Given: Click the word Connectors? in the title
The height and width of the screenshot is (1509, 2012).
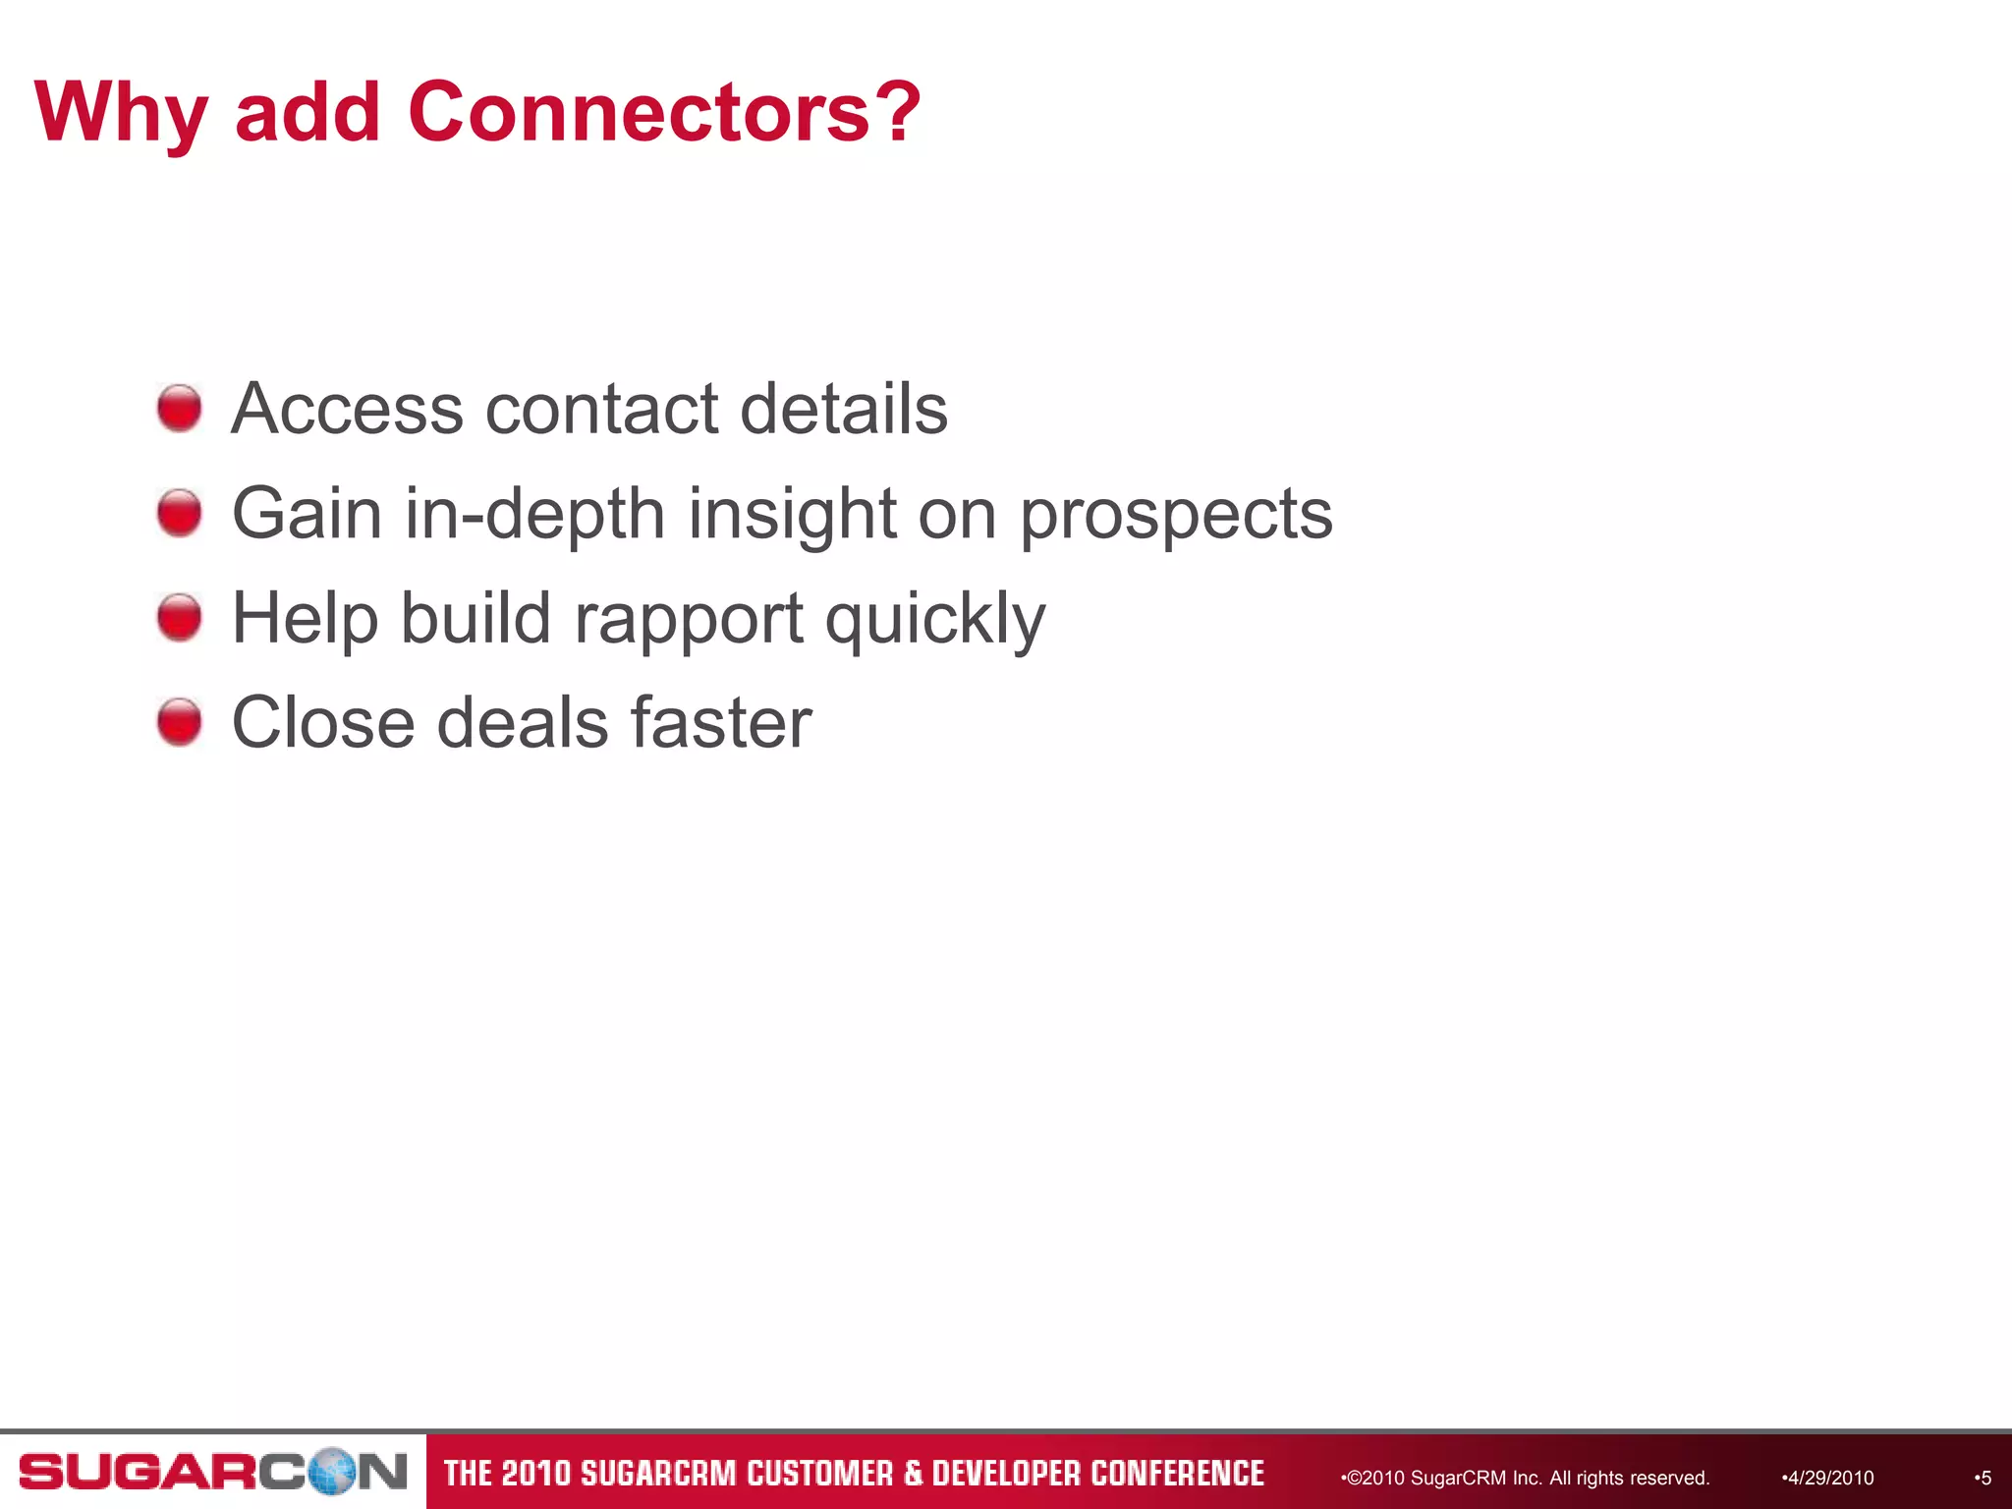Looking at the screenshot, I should click(664, 112).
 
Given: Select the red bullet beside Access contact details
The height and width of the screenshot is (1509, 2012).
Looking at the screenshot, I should click(180, 408).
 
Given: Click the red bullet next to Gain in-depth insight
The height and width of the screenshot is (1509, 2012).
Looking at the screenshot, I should click(180, 513).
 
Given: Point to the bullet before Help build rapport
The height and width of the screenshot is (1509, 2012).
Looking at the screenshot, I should click(180, 618).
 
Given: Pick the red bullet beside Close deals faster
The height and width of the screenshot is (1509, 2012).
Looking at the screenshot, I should click(180, 722).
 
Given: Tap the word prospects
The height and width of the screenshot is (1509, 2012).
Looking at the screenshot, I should click(1176, 515).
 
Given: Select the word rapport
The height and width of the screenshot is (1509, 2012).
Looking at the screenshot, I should click(689, 620).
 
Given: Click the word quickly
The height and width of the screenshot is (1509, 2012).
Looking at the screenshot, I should click(935, 620).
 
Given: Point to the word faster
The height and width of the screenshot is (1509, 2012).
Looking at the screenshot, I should click(721, 723).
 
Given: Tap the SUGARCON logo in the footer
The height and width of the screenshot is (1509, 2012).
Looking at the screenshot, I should click(212, 1472).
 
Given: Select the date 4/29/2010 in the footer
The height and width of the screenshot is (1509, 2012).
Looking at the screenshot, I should click(1829, 1478).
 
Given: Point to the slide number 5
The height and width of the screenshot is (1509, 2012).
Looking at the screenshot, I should click(1984, 1478).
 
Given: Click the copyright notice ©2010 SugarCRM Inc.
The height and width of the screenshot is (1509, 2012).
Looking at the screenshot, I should click(1528, 1478).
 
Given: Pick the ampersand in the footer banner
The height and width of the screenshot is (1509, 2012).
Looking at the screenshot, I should click(913, 1474).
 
